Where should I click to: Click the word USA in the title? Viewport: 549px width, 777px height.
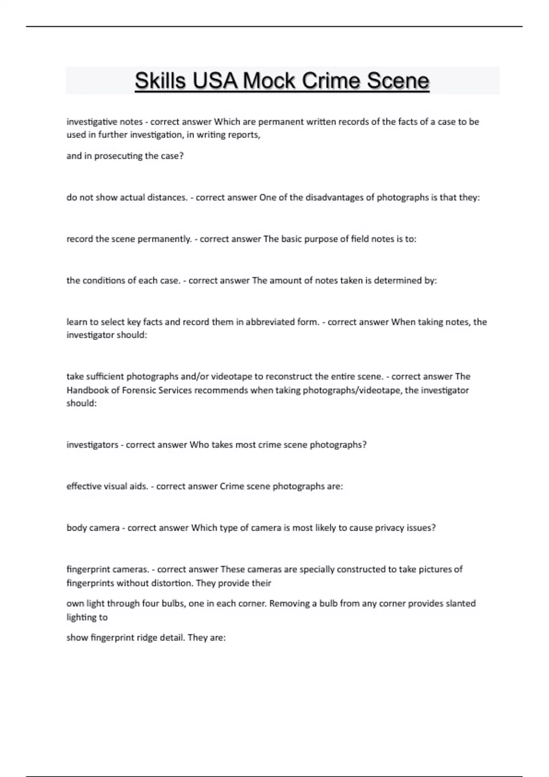point(215,81)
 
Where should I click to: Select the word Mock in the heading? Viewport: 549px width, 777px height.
point(269,81)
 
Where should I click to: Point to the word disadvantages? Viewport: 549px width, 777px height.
point(334,197)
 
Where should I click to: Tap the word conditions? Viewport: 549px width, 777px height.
point(101,280)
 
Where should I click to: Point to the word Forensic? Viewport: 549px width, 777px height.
point(137,390)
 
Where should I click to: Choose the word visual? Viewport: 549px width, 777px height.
point(114,486)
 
